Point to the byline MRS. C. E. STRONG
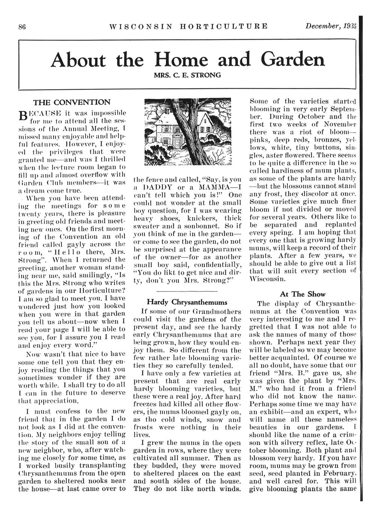pos(187,75)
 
